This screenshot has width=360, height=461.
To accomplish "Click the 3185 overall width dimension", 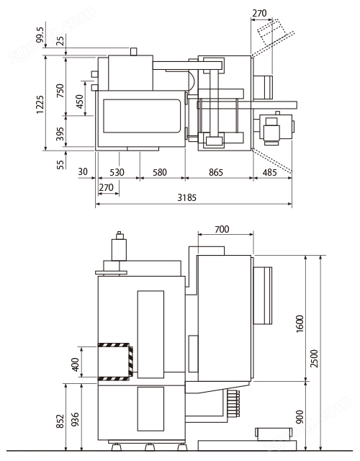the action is [186, 197].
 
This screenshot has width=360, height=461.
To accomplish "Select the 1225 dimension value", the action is [40, 104].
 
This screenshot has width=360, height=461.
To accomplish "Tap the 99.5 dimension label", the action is [40, 35].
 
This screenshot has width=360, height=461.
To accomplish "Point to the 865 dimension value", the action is [216, 172].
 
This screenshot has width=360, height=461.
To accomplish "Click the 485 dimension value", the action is [269, 172].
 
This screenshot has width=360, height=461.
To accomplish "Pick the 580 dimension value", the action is [160, 172].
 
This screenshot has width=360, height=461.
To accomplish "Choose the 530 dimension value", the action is [117, 172].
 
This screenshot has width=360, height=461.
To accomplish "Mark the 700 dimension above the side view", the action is [222, 229].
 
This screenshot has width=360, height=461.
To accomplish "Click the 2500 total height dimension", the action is [315, 358].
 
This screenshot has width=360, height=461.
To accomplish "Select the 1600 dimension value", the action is [300, 323].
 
